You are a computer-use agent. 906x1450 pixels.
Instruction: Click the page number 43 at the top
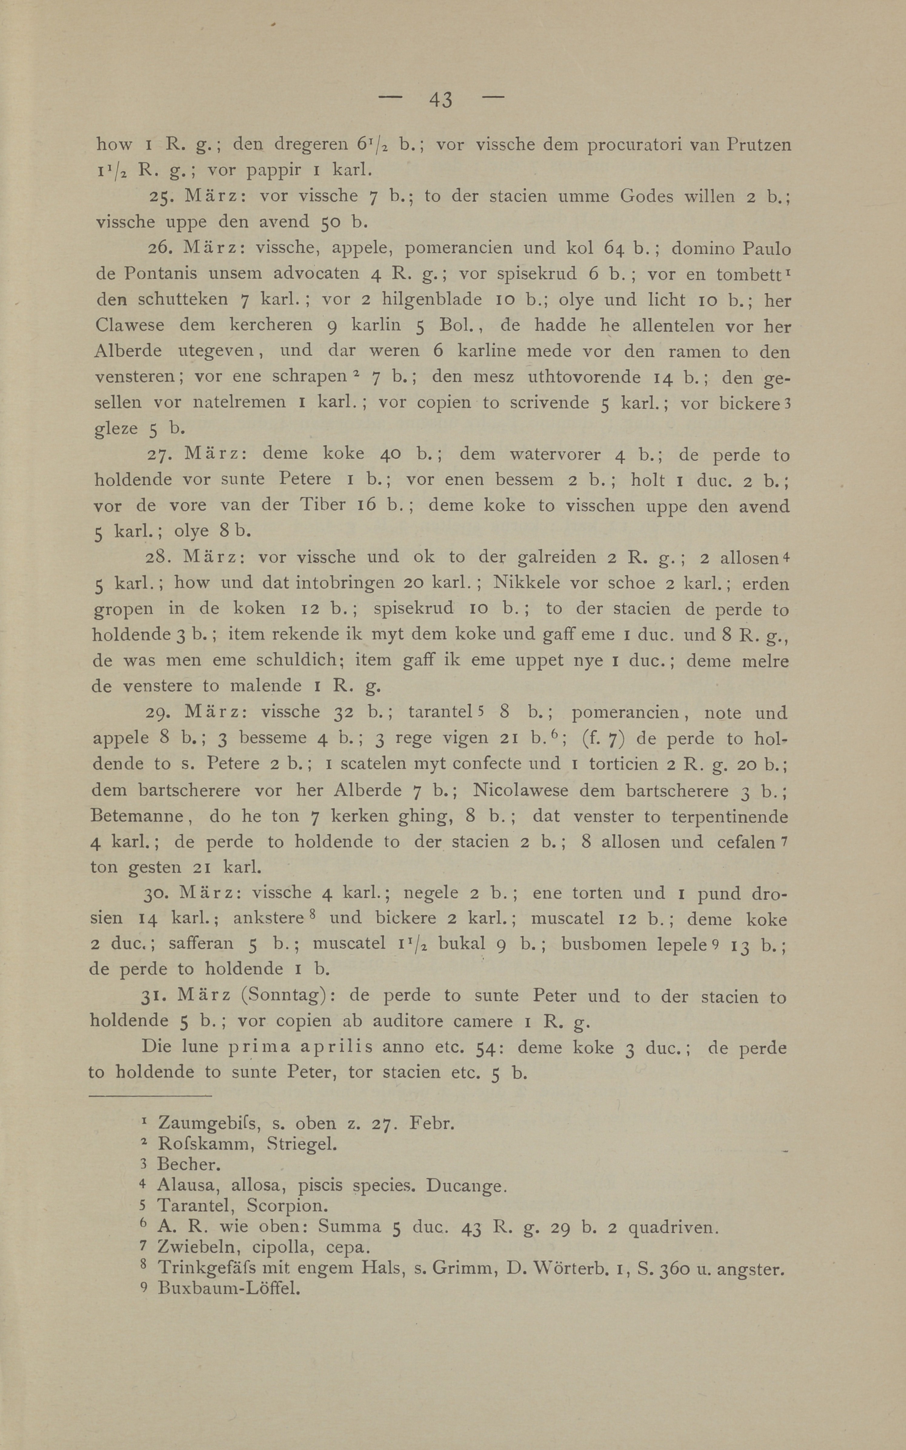click(440, 99)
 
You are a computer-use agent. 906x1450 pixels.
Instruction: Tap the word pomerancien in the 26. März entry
click(458, 248)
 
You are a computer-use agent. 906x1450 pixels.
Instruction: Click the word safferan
click(201, 945)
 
